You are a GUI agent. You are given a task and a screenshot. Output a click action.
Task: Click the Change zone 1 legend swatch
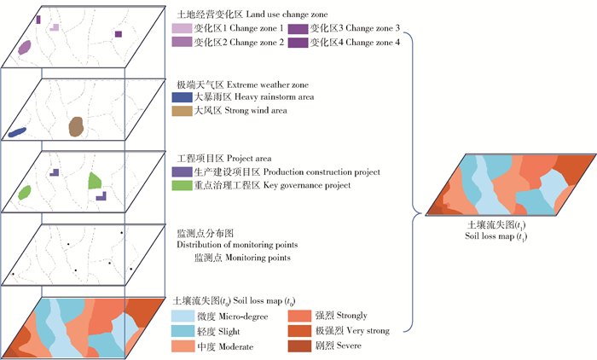(182, 29)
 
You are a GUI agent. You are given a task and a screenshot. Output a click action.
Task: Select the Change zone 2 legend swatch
(182, 42)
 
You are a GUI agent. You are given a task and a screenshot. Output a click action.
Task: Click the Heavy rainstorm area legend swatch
(182, 98)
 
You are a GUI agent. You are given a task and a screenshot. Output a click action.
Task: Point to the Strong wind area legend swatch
(182, 111)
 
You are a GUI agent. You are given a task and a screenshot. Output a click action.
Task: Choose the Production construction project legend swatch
(182, 172)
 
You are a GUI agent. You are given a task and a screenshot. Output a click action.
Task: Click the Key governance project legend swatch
(182, 185)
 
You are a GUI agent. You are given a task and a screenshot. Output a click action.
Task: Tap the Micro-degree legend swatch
(182, 316)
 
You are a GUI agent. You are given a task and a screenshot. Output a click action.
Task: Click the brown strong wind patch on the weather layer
(76, 126)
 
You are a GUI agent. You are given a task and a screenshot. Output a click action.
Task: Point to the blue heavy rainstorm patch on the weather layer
(17, 132)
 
